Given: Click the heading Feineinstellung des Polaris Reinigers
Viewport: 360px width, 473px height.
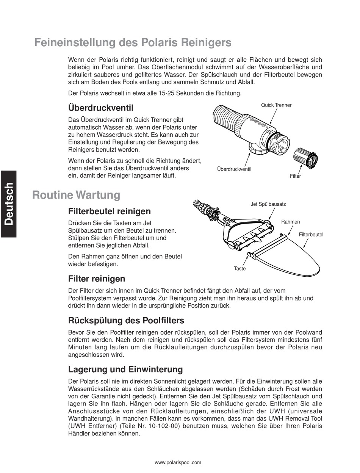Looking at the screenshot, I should coord(133,43).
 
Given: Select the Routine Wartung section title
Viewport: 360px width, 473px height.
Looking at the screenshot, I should coord(76,195).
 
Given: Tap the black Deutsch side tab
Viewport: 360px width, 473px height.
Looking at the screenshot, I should coord(8,204).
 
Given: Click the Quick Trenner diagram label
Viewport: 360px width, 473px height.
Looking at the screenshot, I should coord(276,105).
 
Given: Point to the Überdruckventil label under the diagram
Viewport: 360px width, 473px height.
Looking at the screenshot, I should coord(234,169).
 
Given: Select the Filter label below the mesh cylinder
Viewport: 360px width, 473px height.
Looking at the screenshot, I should coord(295,176).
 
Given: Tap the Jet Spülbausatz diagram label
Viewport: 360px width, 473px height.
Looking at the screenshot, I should coord(268,204).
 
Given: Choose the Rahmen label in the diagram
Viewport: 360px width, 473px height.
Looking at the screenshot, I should coord(291,222).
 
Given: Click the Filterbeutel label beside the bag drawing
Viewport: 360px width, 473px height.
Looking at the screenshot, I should coord(311,235).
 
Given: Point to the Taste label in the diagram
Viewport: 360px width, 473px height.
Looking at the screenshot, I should coord(239,269).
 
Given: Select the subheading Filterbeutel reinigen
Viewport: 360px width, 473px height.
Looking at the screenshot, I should coord(110,211).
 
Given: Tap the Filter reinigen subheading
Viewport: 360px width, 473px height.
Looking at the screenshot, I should coord(97,279).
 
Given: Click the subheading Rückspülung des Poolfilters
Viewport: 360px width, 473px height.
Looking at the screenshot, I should coord(126,321).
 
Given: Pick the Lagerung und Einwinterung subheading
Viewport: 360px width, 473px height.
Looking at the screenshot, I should coord(125,369).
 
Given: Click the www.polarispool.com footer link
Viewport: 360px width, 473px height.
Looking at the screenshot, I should coord(178,462).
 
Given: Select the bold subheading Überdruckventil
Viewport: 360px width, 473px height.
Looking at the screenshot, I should coord(101,108).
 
